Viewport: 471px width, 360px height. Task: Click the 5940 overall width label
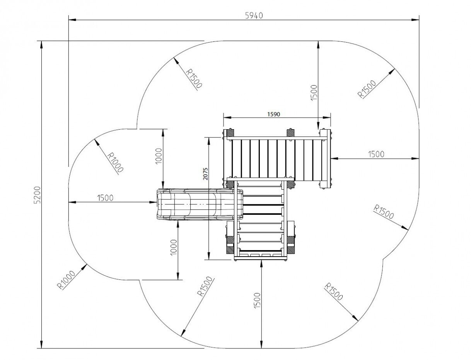[x=254, y=15]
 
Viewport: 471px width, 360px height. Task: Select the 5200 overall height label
[x=38, y=195]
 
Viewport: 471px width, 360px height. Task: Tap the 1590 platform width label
[x=273, y=114]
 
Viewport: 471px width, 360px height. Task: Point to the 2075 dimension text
[x=205, y=173]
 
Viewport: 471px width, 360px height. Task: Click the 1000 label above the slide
[x=159, y=156]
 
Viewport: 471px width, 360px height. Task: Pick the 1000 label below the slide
[x=173, y=247]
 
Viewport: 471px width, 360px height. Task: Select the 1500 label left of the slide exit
[x=105, y=198]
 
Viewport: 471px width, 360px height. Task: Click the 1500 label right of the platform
[x=376, y=154]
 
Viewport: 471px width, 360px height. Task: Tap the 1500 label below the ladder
[x=257, y=300]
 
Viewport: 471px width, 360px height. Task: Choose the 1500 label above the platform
[x=314, y=93]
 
